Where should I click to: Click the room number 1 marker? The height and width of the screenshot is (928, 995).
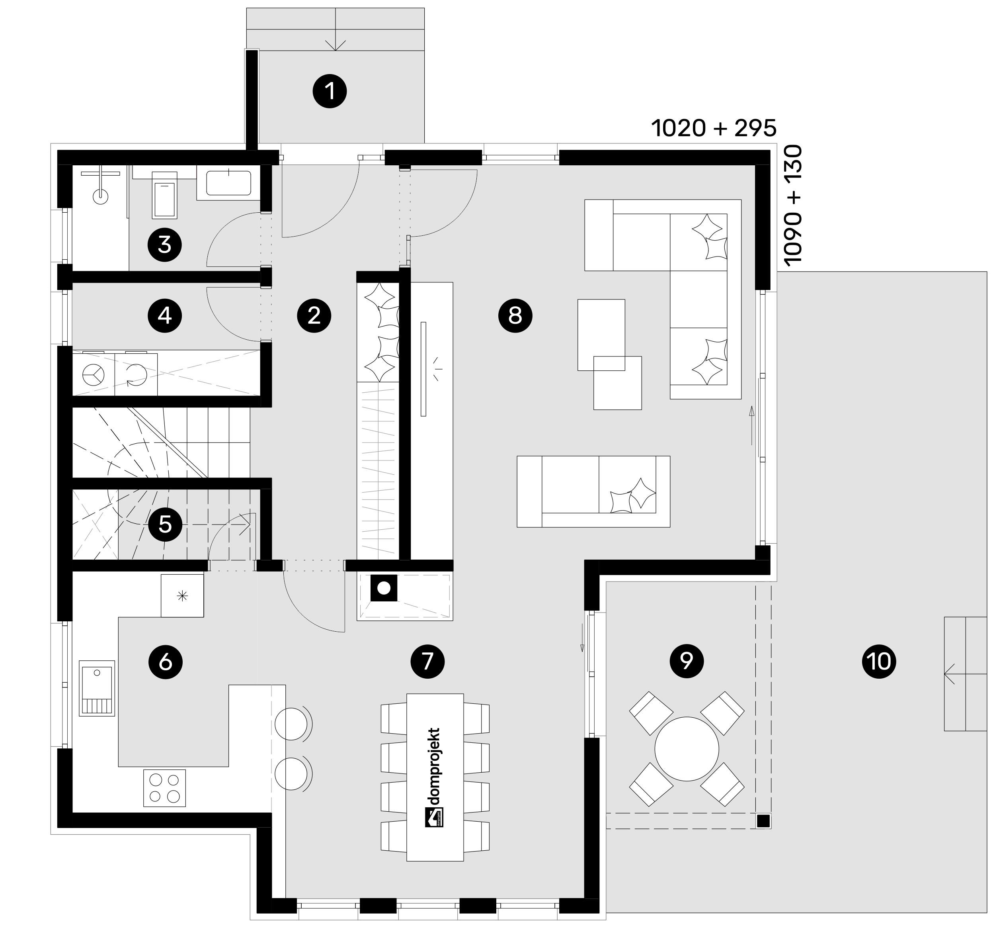(x=330, y=91)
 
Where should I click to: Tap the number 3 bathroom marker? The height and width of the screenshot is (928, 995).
(x=165, y=245)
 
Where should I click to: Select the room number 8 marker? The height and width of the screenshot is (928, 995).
(x=515, y=315)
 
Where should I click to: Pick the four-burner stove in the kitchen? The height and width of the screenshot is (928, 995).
(x=165, y=788)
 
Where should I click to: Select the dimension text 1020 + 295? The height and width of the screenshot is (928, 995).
(x=714, y=128)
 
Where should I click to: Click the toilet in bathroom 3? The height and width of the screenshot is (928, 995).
(x=165, y=195)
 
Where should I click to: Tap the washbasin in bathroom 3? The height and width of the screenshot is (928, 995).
(x=229, y=183)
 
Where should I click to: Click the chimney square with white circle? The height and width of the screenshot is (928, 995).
(x=384, y=588)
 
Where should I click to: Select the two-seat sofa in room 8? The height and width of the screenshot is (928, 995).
(x=593, y=491)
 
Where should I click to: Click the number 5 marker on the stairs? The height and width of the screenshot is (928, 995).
(x=165, y=525)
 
